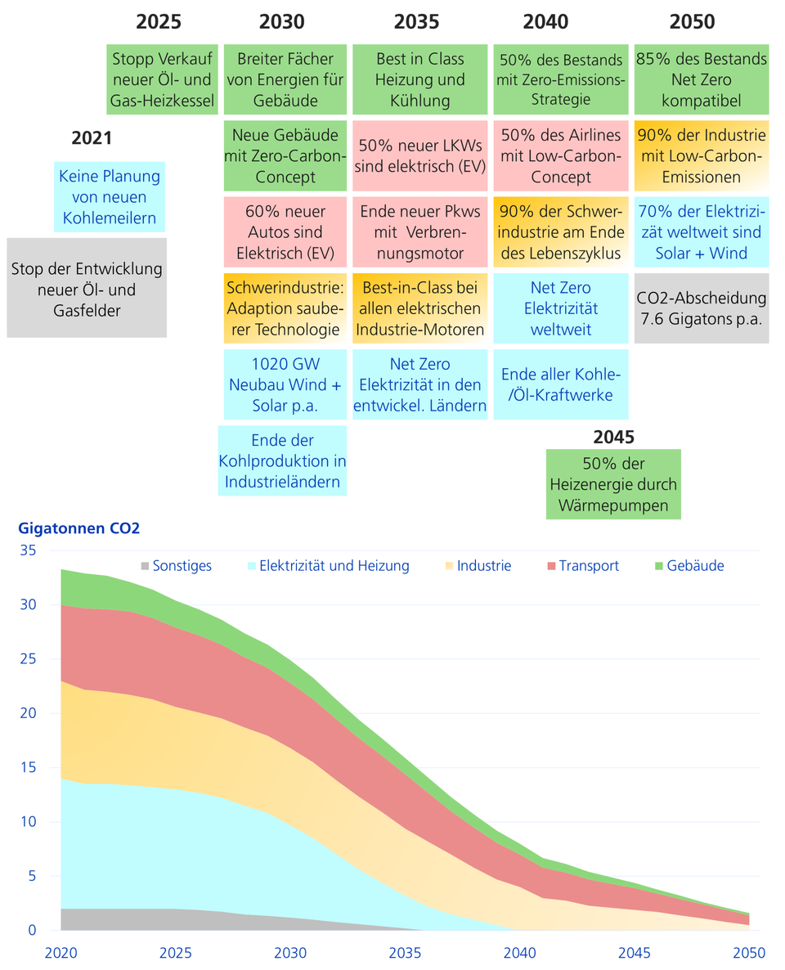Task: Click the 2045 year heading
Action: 614,436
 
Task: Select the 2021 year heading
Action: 92,138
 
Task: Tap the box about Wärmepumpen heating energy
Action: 614,484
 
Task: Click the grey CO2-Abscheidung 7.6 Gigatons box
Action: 702,309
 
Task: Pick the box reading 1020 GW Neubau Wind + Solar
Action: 285,384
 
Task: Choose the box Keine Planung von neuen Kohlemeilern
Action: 109,197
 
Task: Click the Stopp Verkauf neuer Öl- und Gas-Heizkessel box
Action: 164,79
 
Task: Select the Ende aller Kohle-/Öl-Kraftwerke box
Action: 561,384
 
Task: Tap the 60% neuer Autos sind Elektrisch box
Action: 285,231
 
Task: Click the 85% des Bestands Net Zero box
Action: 702,79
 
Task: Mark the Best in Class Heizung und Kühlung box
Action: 419,79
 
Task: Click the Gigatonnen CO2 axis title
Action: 78,528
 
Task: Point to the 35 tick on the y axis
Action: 28,551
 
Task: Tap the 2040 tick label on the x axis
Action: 519,952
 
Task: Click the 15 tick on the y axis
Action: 28,768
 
